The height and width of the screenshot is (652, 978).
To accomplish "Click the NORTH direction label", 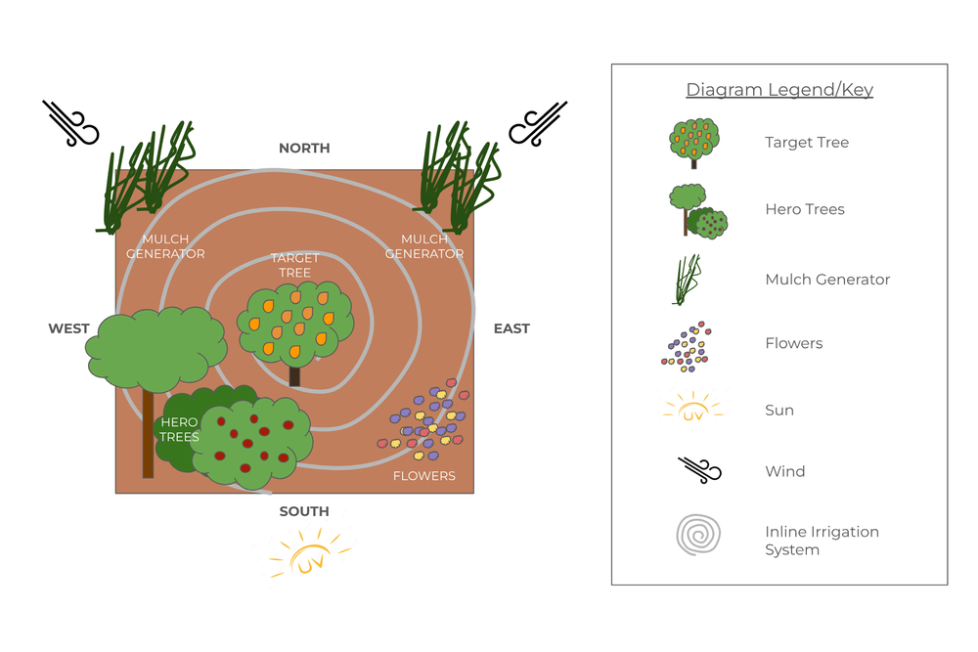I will (304, 149).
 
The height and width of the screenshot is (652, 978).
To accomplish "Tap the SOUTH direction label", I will (304, 511).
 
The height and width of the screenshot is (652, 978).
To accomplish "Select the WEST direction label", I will (69, 328).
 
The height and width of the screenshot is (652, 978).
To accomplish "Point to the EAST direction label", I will (511, 328).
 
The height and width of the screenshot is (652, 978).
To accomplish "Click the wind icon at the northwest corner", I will (70, 123).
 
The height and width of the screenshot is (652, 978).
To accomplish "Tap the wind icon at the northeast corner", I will (538, 123).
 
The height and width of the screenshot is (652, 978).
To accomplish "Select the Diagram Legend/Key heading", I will (779, 90).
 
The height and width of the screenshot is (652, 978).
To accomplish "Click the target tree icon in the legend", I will (694, 143).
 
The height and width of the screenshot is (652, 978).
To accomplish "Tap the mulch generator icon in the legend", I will (689, 280).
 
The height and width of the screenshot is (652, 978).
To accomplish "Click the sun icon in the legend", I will (692, 409).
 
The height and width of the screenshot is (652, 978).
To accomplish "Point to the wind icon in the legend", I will (699, 471).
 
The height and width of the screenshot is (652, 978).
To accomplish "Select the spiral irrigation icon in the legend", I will (697, 537).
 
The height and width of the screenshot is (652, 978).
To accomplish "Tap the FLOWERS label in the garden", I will (423, 476).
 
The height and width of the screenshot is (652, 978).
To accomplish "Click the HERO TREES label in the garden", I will (179, 429).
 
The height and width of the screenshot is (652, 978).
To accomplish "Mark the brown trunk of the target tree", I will (295, 375).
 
